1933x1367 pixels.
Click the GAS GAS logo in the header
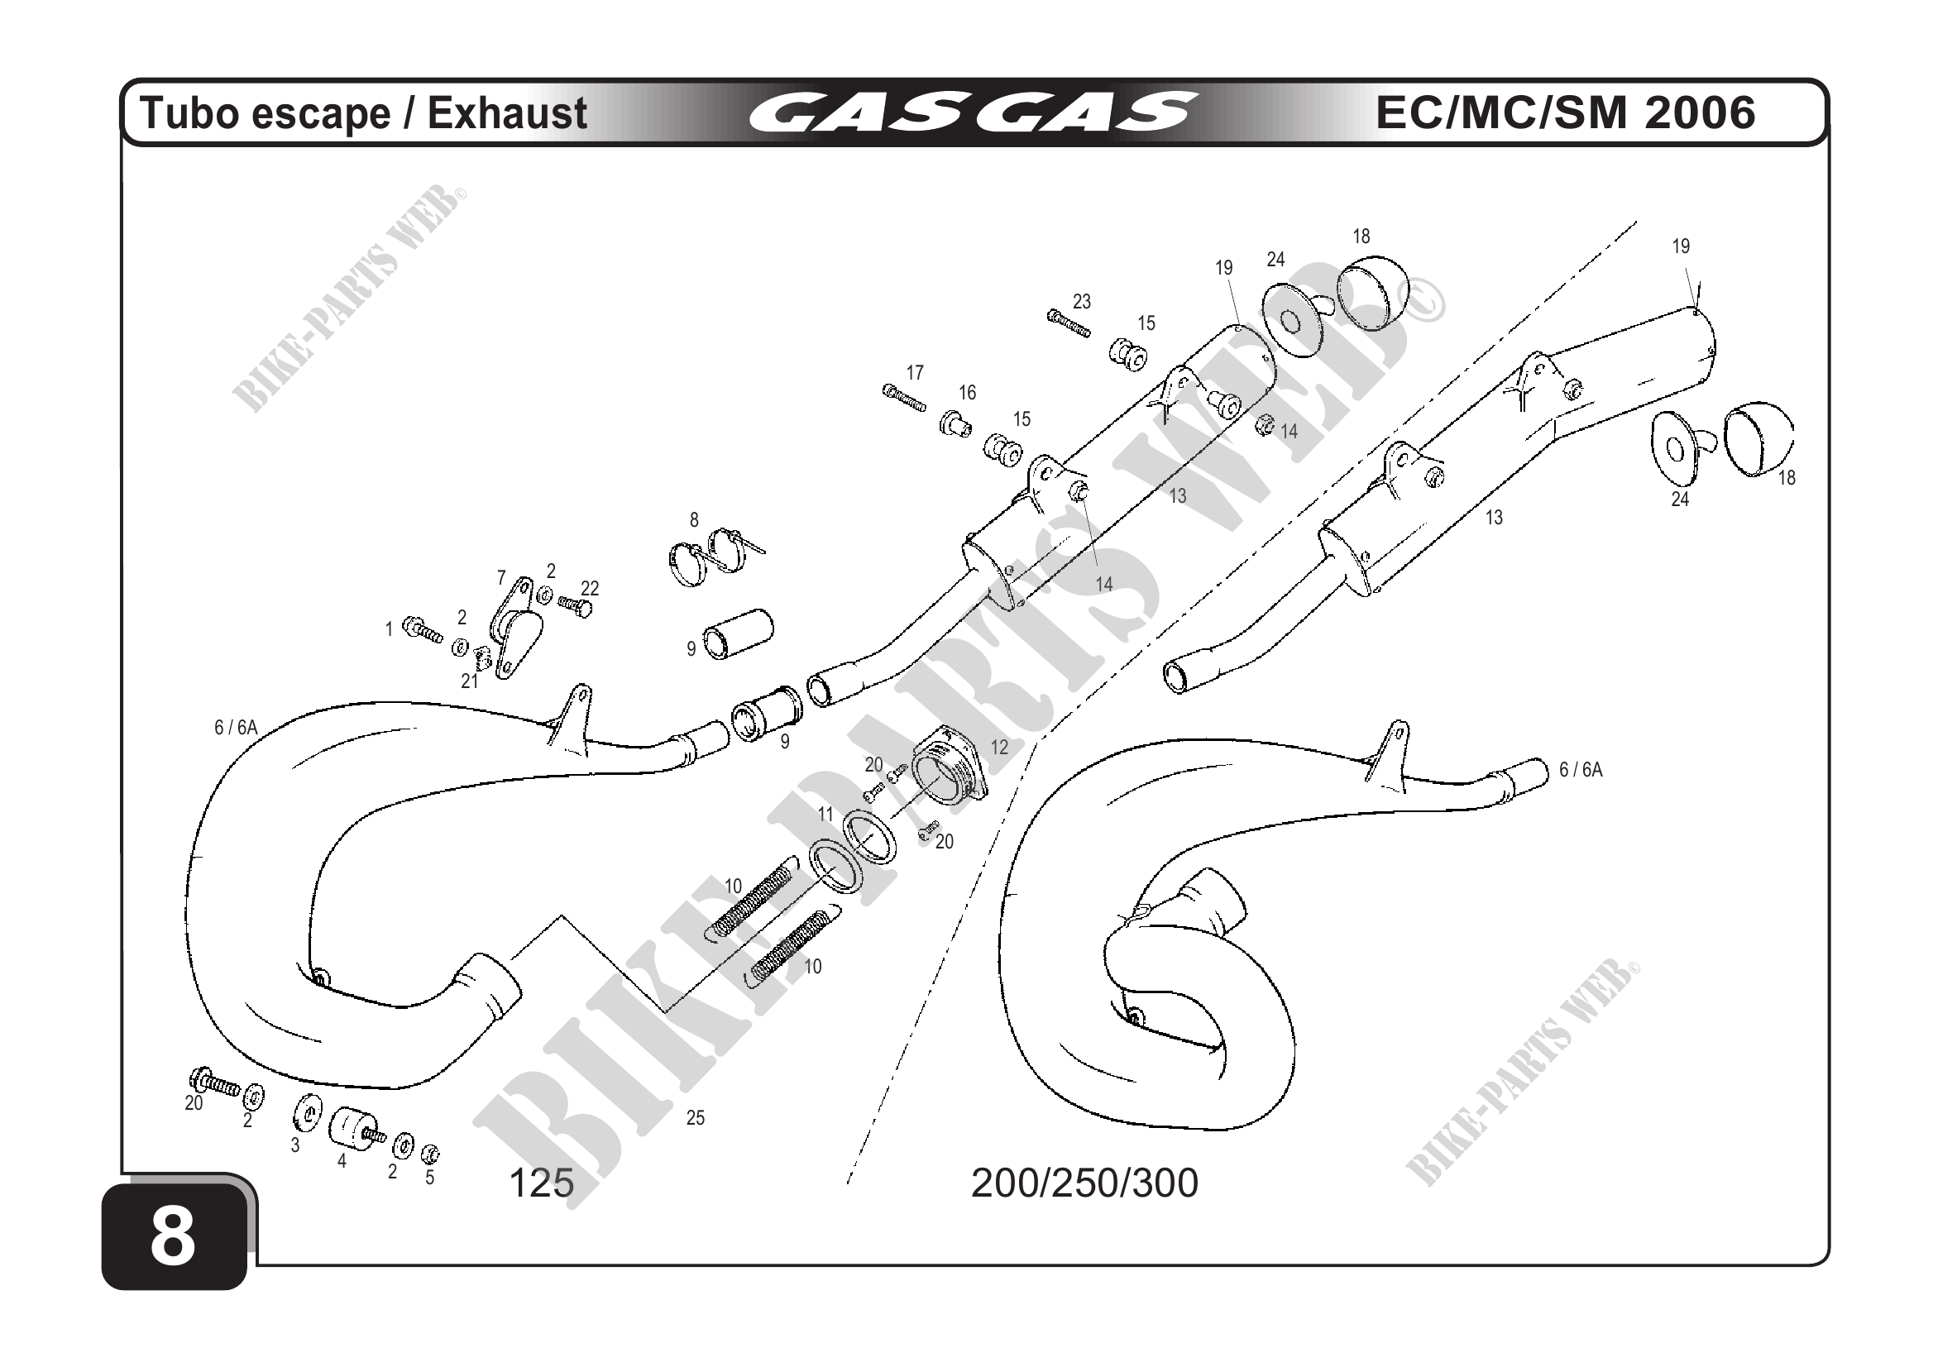973,113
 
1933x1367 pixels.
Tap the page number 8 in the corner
173,1237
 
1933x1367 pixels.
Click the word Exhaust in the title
507,113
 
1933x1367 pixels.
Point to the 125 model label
541,1183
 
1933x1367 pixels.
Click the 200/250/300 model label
1084,1183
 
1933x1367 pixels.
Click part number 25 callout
695,1118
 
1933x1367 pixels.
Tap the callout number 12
999,748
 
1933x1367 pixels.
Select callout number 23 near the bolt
1082,301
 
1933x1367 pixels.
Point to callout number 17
915,372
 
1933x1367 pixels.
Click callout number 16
968,392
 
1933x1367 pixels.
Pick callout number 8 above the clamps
694,520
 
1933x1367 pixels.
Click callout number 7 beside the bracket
502,578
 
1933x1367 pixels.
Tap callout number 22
591,588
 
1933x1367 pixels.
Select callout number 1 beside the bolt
389,629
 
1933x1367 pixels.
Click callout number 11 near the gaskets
826,814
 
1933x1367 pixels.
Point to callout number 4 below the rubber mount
342,1161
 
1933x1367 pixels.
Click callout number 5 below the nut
429,1178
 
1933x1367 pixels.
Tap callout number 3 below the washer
294,1145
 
